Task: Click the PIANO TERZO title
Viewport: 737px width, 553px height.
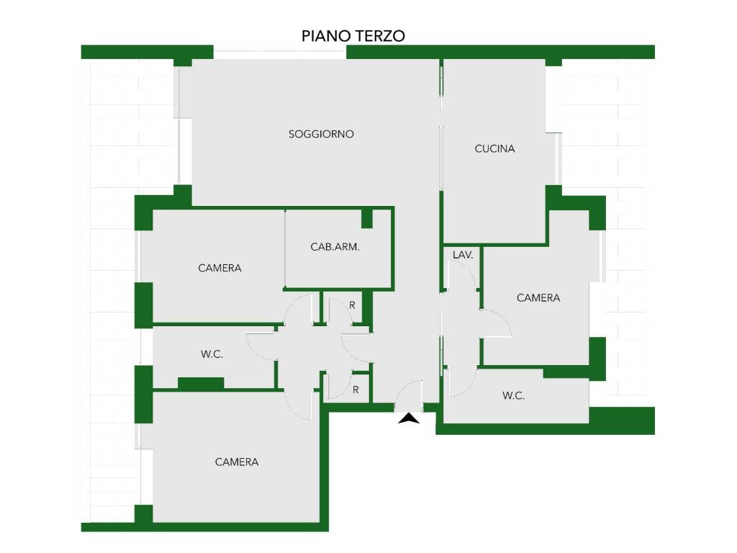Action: (x=353, y=36)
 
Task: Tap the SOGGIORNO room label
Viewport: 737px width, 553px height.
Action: (x=321, y=134)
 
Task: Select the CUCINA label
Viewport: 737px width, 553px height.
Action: (x=494, y=148)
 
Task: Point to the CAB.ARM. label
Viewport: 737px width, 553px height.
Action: (x=335, y=246)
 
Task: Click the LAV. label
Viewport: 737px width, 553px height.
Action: (x=463, y=255)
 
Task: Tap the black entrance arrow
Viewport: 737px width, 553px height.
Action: (x=409, y=418)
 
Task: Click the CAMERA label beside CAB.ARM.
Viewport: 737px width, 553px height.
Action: (x=220, y=268)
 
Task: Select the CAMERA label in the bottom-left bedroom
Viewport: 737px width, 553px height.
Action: (x=236, y=462)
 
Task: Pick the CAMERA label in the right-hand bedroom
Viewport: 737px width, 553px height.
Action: (x=538, y=297)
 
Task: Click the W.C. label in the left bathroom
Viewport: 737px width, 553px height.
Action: (x=212, y=354)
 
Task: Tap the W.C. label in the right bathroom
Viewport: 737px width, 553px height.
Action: (x=513, y=395)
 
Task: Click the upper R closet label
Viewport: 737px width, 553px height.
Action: (x=352, y=305)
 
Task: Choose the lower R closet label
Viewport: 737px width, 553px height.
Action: (x=356, y=390)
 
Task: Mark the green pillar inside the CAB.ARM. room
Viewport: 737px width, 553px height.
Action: (x=366, y=219)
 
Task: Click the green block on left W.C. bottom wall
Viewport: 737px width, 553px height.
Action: (x=201, y=383)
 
